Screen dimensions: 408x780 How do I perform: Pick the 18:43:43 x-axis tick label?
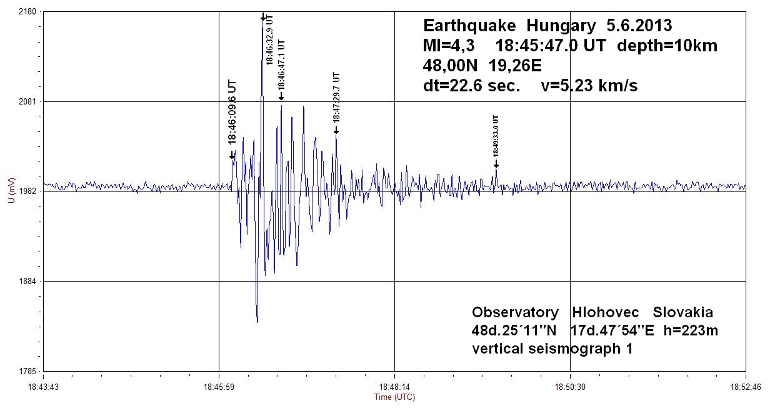(x=43, y=387)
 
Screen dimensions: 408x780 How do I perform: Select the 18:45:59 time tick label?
(x=219, y=387)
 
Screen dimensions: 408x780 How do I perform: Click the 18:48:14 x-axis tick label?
(x=394, y=387)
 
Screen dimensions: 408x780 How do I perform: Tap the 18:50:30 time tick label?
(x=570, y=387)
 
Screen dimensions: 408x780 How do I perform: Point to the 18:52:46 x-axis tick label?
(x=746, y=387)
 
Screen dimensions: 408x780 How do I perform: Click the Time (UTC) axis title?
(x=394, y=397)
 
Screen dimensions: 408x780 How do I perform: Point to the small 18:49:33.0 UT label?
(x=496, y=136)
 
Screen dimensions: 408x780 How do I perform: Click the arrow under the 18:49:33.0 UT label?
(x=496, y=164)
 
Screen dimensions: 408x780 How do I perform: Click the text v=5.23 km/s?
(x=589, y=86)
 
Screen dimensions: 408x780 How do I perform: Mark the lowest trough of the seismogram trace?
(x=257, y=322)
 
